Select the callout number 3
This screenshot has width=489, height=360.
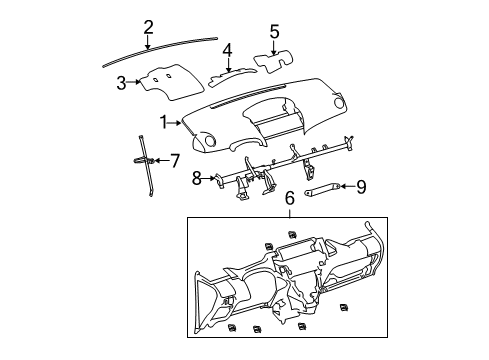(122, 82)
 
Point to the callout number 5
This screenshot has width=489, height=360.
(274, 31)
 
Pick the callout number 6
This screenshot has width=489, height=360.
(290, 201)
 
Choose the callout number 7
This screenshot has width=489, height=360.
(174, 159)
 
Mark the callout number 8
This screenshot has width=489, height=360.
(197, 178)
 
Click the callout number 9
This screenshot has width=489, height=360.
(362, 185)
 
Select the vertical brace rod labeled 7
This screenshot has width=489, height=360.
(144, 165)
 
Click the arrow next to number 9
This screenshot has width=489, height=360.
(347, 185)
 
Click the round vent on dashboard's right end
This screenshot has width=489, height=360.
(341, 104)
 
